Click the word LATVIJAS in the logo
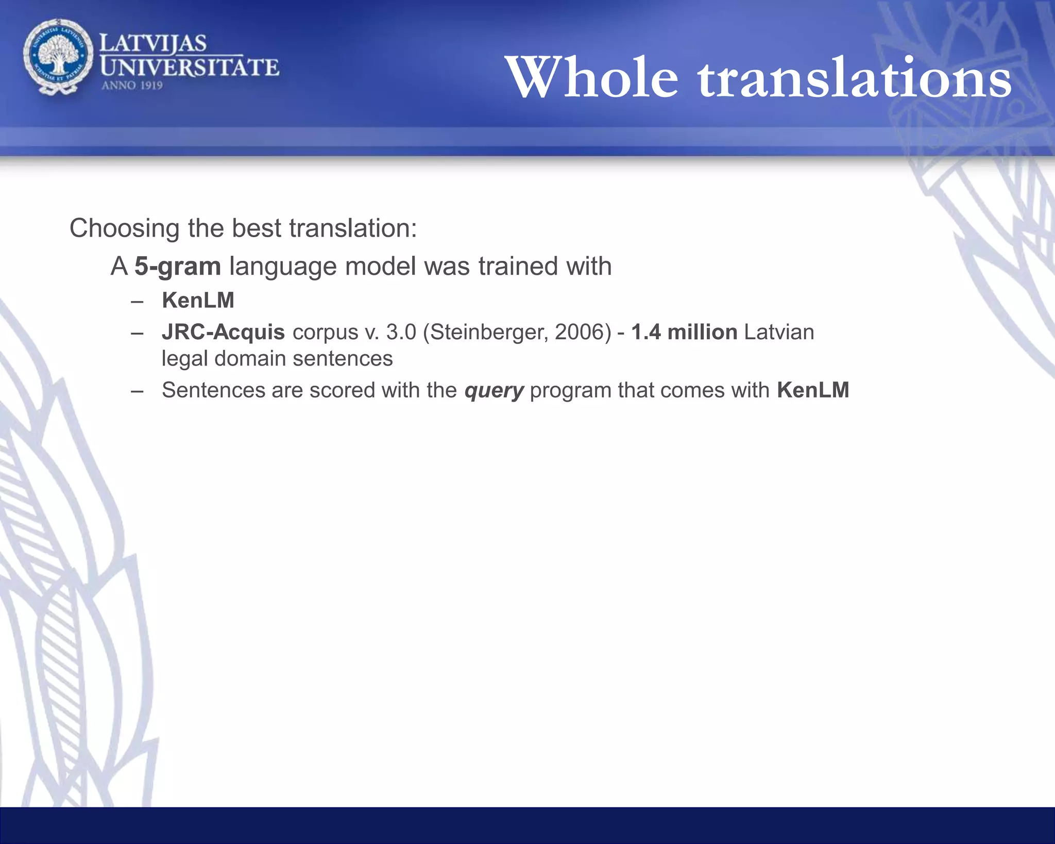(x=152, y=43)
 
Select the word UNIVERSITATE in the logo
(x=190, y=68)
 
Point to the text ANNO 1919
(x=132, y=86)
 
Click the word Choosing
(x=124, y=228)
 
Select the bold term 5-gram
(x=178, y=267)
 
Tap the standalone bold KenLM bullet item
(x=198, y=301)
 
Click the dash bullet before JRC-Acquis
(x=137, y=333)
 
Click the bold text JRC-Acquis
(x=223, y=333)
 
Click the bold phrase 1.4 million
(x=684, y=333)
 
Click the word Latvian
(x=779, y=333)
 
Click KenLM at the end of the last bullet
(x=813, y=390)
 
